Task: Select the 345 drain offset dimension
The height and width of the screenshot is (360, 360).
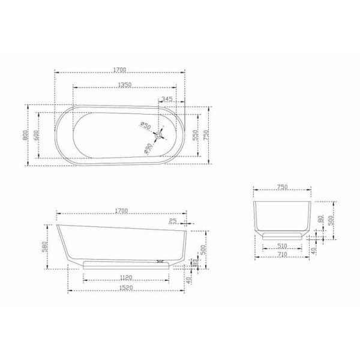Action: [167, 98]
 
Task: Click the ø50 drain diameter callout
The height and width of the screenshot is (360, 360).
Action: [145, 125]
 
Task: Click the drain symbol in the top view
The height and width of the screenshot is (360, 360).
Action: [158, 135]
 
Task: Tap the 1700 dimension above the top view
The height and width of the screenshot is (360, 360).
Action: [120, 70]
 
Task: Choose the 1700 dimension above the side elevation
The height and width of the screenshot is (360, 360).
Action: [121, 211]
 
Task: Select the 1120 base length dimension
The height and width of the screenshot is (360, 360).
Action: [126, 277]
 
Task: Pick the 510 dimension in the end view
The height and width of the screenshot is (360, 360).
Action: [282, 245]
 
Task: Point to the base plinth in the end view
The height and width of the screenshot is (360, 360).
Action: [282, 235]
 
